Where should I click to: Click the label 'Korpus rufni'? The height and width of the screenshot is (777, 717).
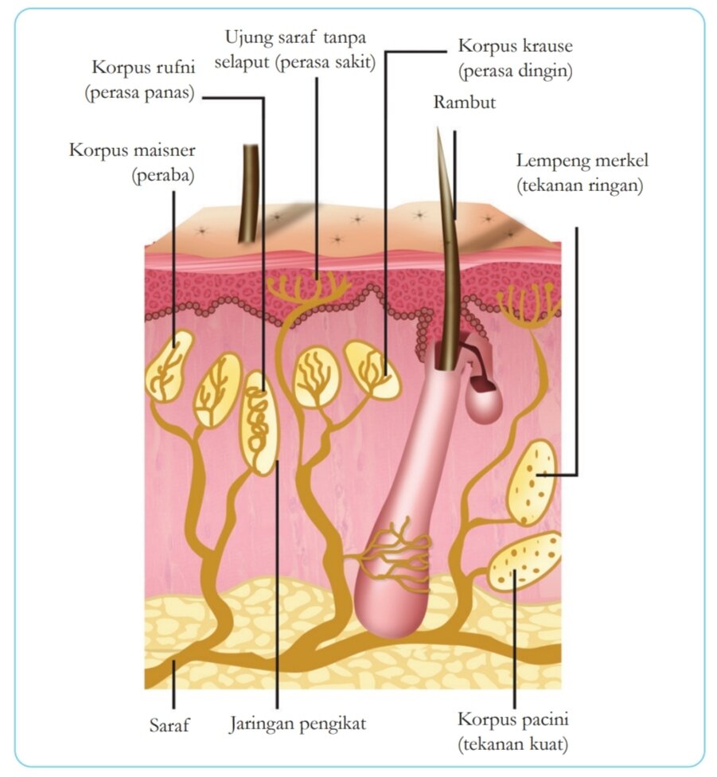(143, 67)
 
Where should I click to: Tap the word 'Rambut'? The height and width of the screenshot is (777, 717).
(465, 102)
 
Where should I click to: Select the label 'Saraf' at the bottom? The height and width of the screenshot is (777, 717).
(170, 725)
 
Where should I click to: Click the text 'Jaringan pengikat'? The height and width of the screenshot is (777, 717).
(298, 724)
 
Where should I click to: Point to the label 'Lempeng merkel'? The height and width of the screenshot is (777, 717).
(582, 161)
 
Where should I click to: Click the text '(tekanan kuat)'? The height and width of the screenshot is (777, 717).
(513, 745)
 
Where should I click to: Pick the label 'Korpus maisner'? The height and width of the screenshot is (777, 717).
(132, 150)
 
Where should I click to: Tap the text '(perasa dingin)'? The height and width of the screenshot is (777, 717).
(516, 71)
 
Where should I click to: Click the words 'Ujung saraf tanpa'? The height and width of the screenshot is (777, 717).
(295, 37)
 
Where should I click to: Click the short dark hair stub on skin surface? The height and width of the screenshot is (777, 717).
(249, 193)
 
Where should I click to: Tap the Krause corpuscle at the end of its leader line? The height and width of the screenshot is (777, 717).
(372, 369)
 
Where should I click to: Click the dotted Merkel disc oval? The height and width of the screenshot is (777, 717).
(532, 482)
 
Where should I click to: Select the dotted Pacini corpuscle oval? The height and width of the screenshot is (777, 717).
(525, 561)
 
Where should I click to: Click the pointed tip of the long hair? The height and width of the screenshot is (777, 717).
(438, 128)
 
